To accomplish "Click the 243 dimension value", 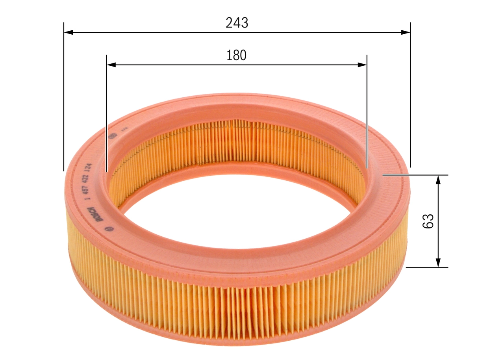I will click(237, 23).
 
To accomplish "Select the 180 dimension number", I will click(236, 56).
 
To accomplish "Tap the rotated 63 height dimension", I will click(428, 221).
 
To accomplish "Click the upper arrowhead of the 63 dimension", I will click(438, 180).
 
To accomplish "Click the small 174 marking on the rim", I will click(122, 128).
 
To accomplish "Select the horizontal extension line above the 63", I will click(415, 174).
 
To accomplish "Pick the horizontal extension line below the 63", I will click(427, 267).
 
